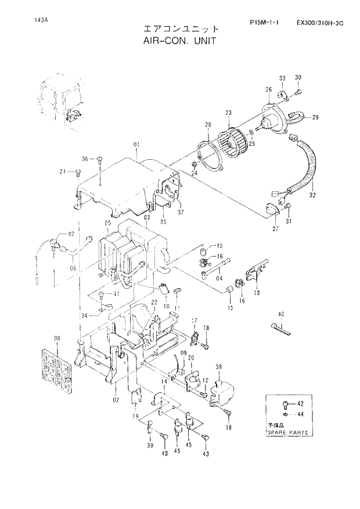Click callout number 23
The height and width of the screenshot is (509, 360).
[x=228, y=113]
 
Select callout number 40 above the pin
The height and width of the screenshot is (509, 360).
[x=281, y=315]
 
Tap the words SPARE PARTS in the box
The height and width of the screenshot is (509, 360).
[x=287, y=433]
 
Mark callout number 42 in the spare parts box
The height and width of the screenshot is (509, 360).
[x=300, y=403]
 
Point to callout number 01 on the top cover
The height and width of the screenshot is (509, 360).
[x=137, y=144]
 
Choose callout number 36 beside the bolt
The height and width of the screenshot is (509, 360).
[x=84, y=159]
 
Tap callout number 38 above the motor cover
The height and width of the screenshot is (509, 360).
[x=219, y=367]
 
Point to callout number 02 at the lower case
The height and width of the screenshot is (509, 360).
[x=115, y=400]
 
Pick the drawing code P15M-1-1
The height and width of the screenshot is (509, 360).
[x=264, y=23]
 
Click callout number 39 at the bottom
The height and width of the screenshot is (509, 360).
[x=150, y=445]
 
